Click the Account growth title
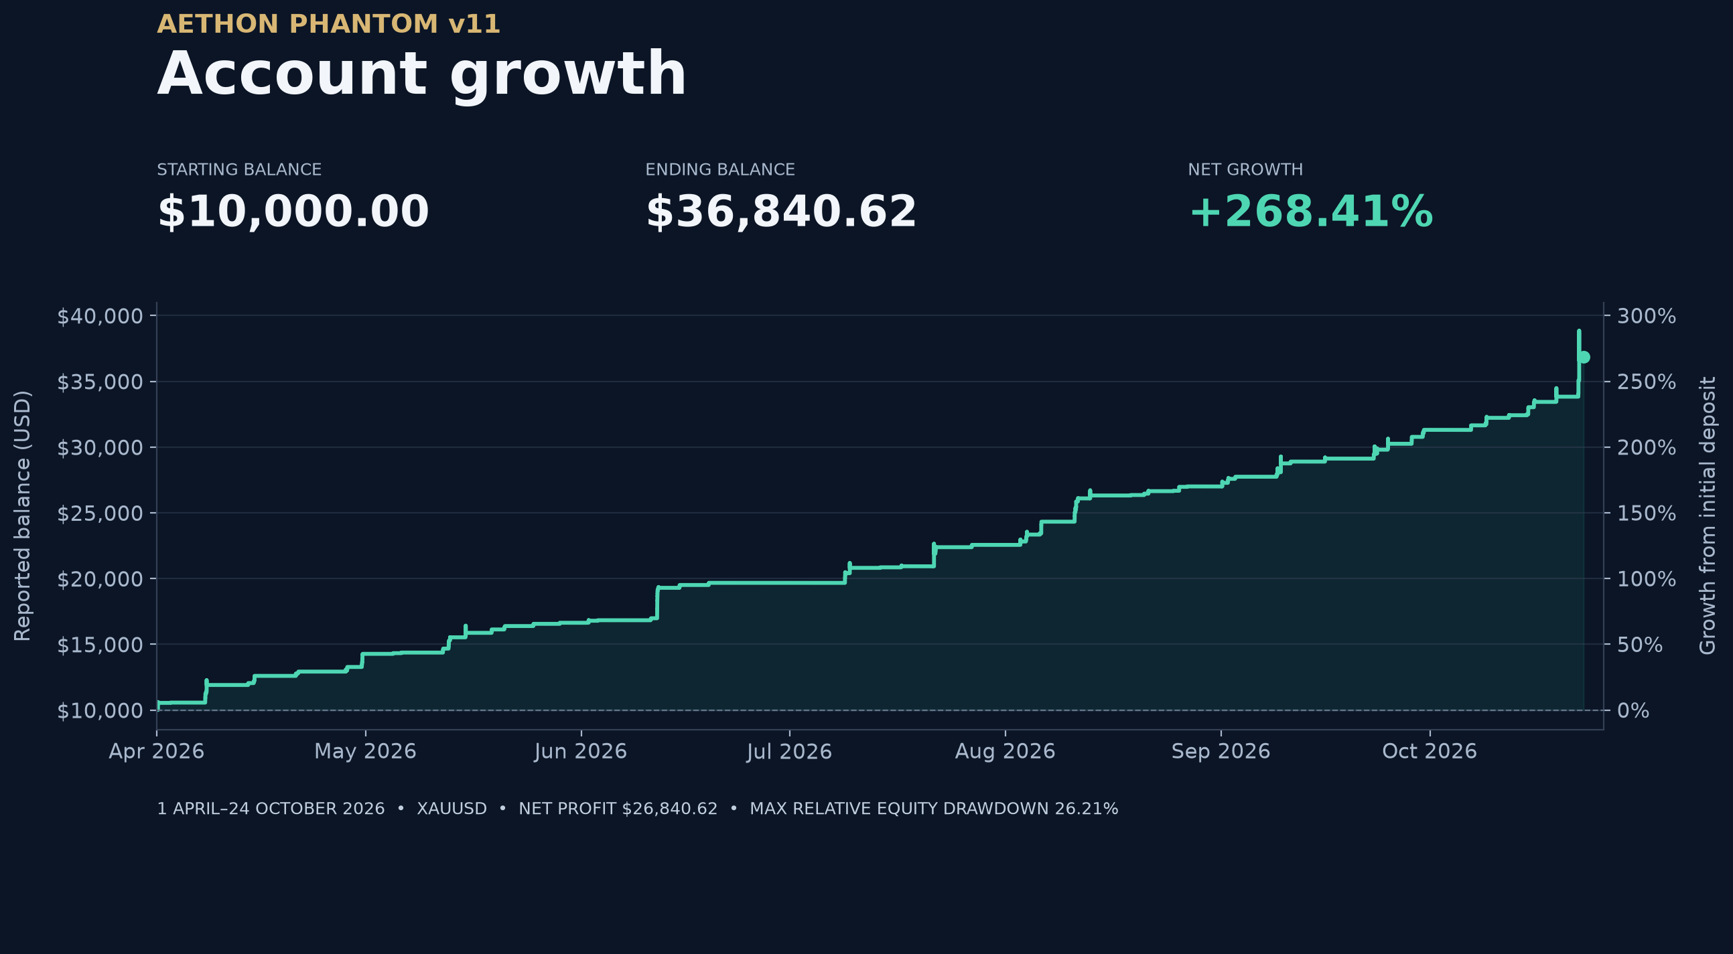coord(422,74)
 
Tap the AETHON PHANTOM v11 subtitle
coord(328,24)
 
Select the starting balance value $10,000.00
coord(293,212)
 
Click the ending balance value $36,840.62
coord(781,212)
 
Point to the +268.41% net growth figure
coord(1310,212)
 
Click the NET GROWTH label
coord(1245,169)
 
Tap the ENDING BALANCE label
coord(720,169)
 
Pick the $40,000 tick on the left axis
coord(100,316)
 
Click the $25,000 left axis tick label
coord(100,513)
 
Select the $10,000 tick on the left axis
coord(100,710)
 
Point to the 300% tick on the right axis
coord(1646,316)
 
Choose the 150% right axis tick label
coord(1646,513)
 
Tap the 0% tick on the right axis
coord(1633,710)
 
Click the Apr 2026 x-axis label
coord(157,751)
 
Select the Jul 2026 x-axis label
coord(789,751)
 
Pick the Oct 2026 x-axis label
coord(1430,751)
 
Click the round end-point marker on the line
coord(1584,357)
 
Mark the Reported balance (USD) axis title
coord(22,515)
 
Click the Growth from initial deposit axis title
coord(1708,515)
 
